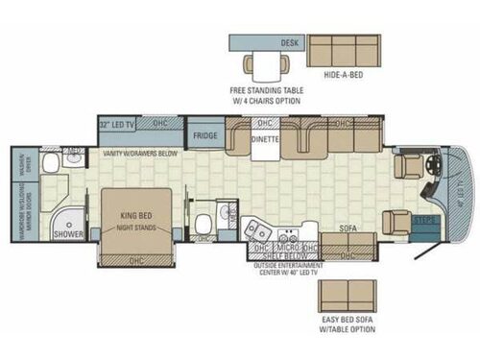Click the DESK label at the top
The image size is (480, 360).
tap(287, 43)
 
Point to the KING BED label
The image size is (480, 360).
tap(133, 204)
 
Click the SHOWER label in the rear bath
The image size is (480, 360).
tap(67, 234)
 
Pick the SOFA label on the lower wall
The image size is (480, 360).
tap(348, 229)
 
